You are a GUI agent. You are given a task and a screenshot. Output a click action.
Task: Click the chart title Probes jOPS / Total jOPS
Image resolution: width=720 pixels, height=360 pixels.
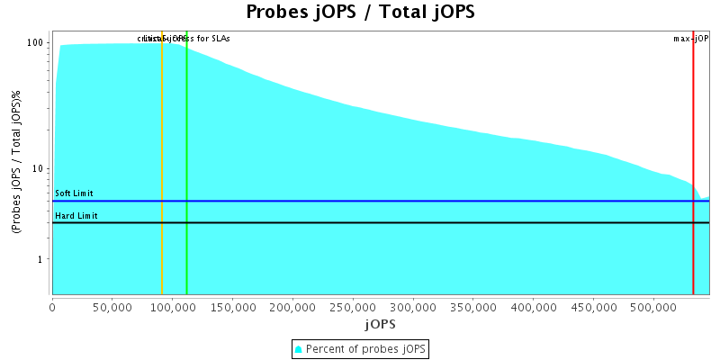[360, 13]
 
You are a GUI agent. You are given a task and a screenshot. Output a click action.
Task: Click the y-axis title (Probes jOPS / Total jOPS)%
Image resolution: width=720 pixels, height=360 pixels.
[16, 163]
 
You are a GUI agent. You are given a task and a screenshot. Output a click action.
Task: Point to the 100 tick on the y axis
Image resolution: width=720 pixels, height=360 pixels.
[36, 43]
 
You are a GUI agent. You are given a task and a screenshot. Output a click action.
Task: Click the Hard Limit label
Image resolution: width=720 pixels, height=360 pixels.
[76, 216]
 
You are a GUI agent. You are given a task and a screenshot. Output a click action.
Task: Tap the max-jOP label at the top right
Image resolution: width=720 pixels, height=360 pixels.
[691, 39]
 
